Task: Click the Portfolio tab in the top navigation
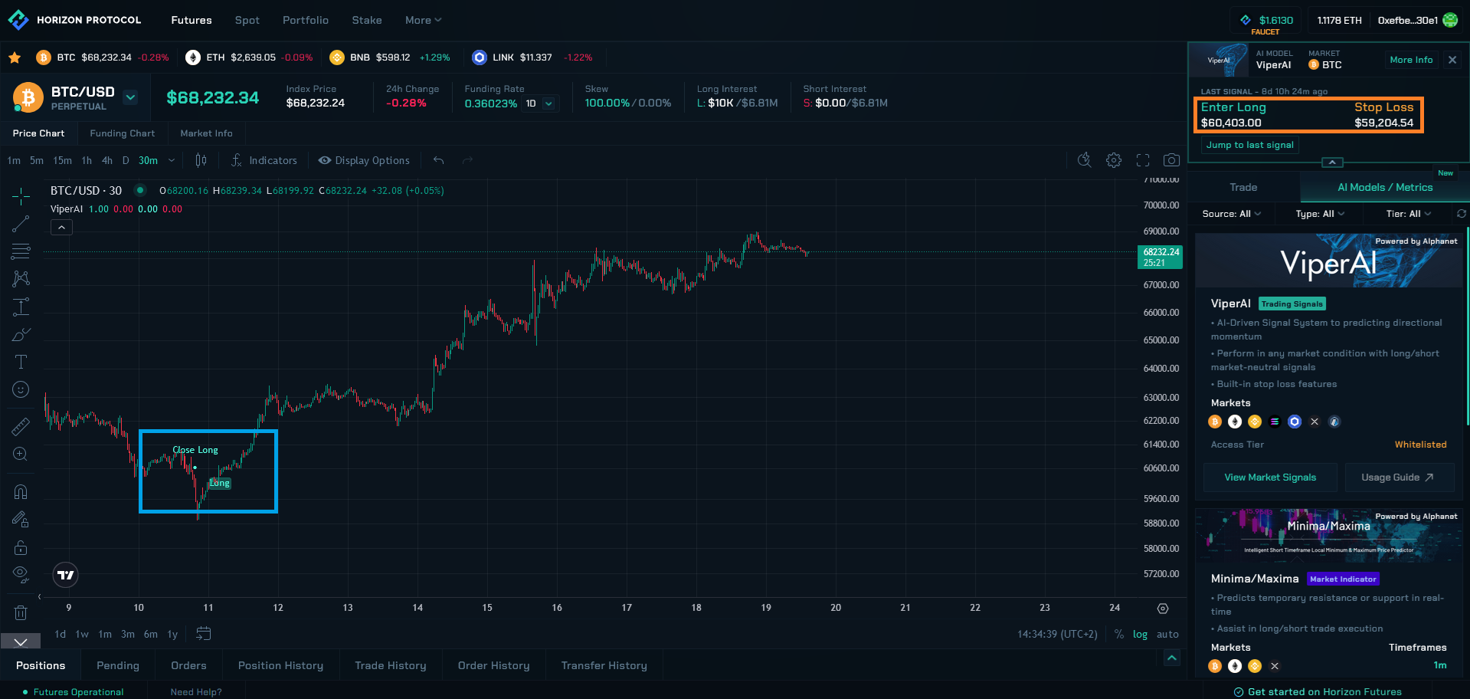(305, 20)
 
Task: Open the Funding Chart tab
(122, 133)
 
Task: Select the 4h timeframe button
(107, 160)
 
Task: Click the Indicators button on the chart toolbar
(264, 160)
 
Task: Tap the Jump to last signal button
(1249, 145)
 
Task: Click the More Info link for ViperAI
(1411, 60)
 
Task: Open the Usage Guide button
(1396, 477)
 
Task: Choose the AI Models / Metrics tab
(1385, 188)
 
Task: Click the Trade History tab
(390, 665)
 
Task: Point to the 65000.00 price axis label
(1161, 340)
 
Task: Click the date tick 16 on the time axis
(557, 608)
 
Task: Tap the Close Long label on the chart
(195, 450)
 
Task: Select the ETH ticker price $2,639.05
(253, 57)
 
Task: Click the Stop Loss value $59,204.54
(1383, 123)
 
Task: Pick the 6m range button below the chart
(151, 634)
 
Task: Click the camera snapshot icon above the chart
(1171, 160)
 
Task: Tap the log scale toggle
(1140, 634)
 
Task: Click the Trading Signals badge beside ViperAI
(1292, 304)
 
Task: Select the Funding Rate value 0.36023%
(490, 103)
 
